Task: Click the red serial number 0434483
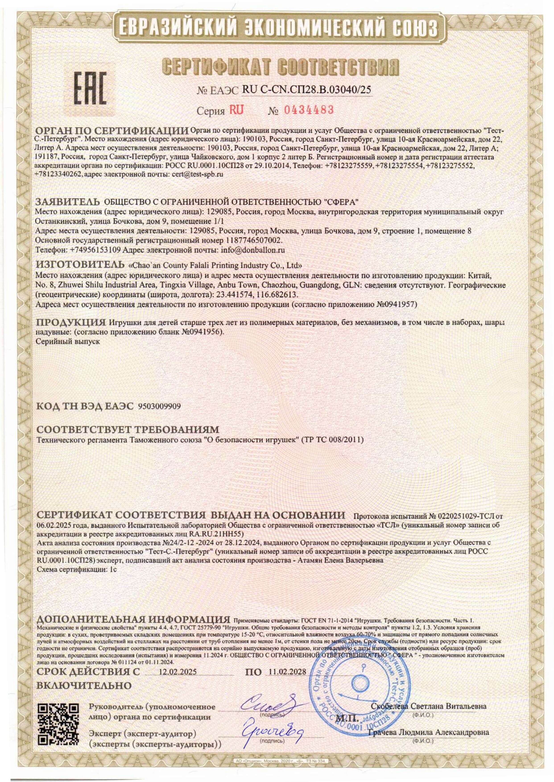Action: pyautogui.click(x=303, y=110)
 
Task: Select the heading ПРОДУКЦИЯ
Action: pyautogui.click(x=71, y=322)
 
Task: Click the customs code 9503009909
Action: pyautogui.click(x=159, y=406)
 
